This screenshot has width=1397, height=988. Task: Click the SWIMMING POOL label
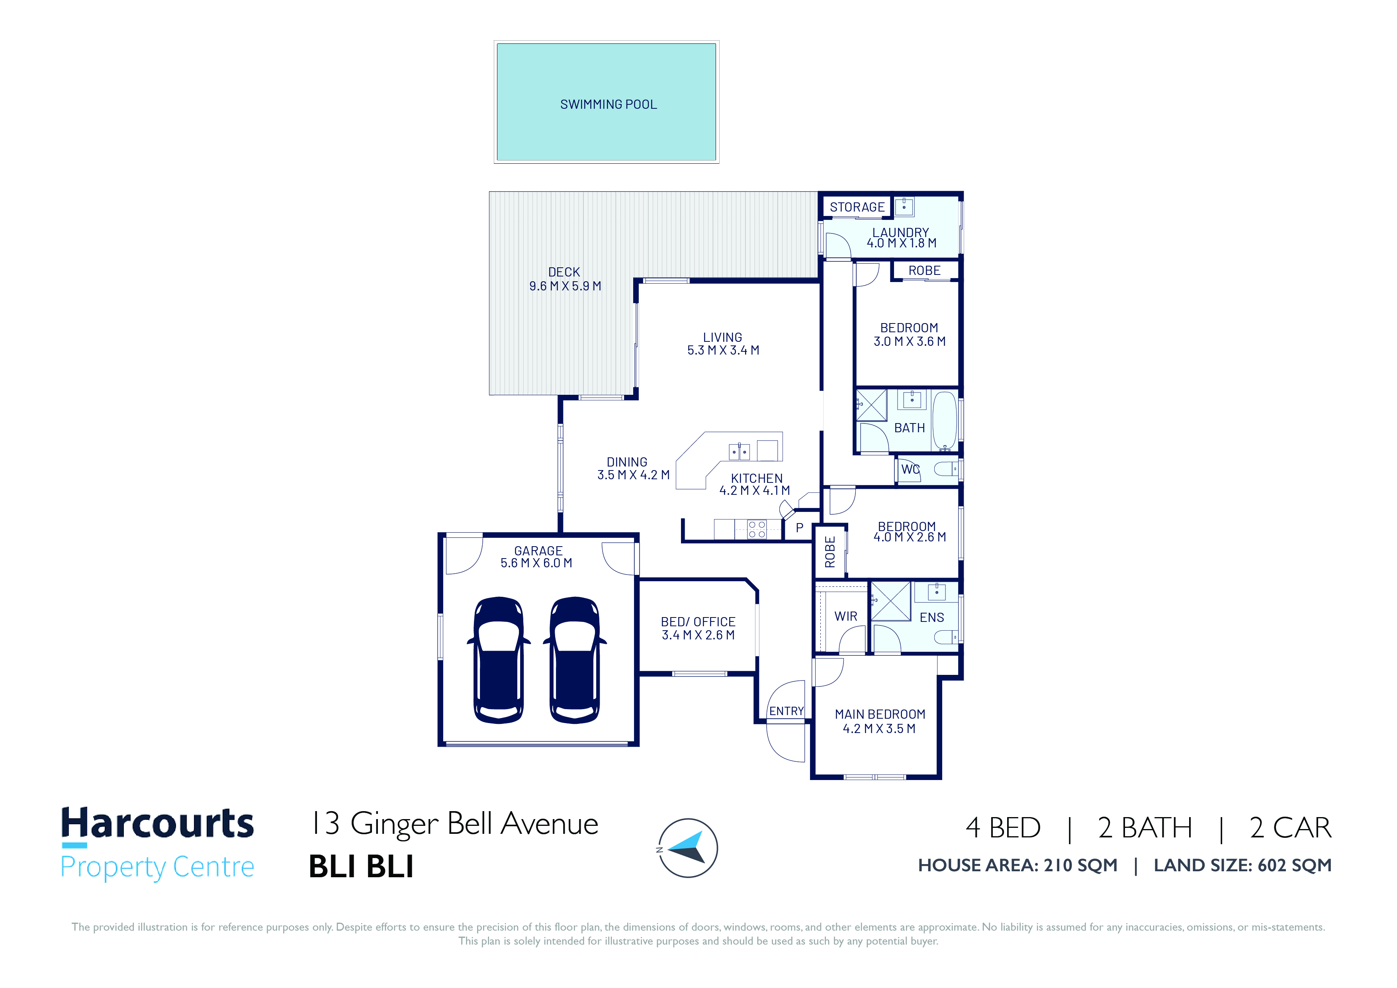(x=608, y=105)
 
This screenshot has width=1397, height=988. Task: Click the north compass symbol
(x=688, y=848)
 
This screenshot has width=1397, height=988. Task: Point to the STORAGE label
(x=857, y=207)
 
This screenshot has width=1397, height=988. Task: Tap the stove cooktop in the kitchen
(x=757, y=529)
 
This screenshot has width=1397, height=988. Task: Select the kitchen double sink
(x=739, y=452)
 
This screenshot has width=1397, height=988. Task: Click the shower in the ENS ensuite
(x=891, y=601)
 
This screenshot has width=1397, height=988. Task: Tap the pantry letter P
(x=800, y=528)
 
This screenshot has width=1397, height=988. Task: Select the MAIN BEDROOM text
(x=880, y=714)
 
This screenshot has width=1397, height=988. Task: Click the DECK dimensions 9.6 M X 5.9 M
(x=565, y=286)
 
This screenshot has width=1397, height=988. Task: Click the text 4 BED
(x=1003, y=828)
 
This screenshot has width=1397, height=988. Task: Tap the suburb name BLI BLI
(x=362, y=866)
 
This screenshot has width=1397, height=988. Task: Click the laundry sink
(x=904, y=207)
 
